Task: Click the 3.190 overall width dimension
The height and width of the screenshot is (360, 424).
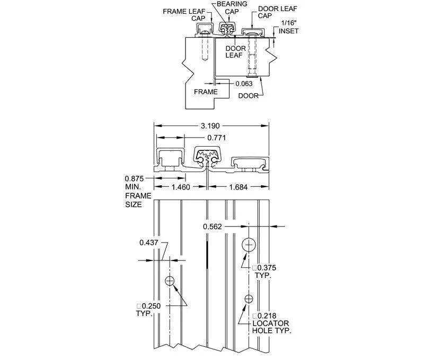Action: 211,126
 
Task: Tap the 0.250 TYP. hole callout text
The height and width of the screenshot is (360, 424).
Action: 147,310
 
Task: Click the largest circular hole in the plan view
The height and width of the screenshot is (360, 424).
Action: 249,245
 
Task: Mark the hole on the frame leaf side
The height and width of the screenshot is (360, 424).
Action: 170,281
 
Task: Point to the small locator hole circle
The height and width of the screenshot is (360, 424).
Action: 249,299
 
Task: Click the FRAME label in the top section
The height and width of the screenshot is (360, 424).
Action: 206,92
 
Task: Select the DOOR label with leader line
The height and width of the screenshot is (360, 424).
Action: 249,95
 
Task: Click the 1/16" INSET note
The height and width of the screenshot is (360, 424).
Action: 289,28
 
